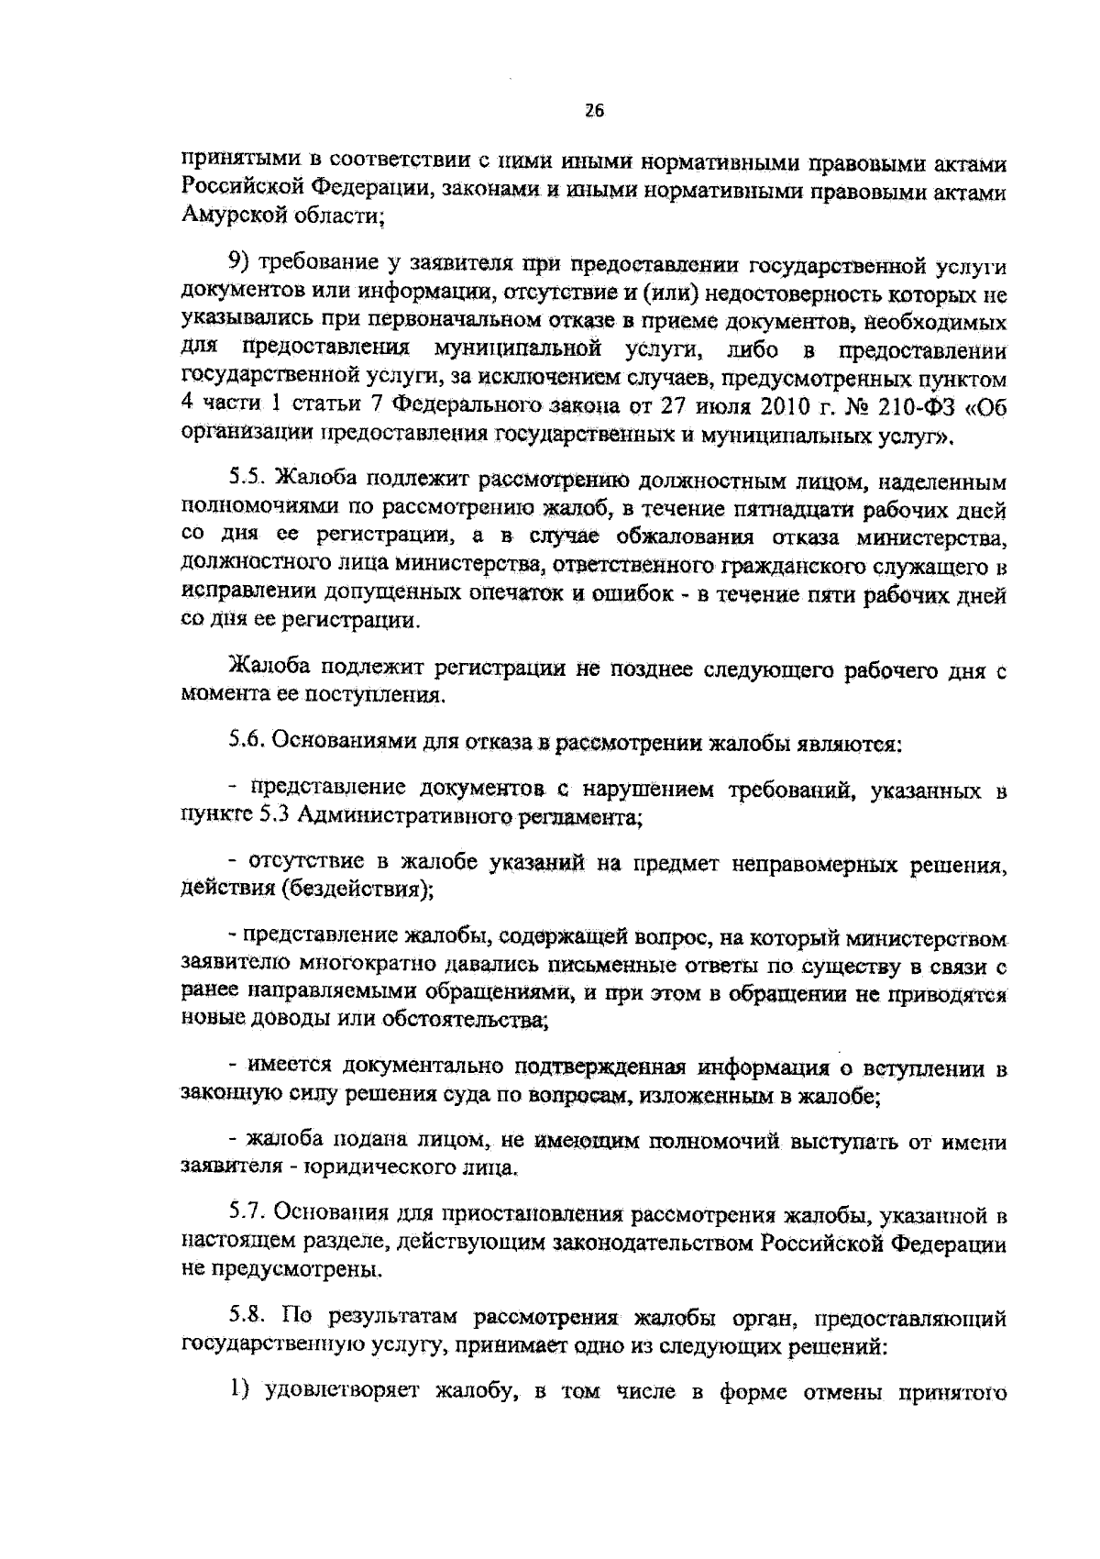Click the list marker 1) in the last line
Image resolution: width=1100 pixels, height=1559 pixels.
coord(240,1395)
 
